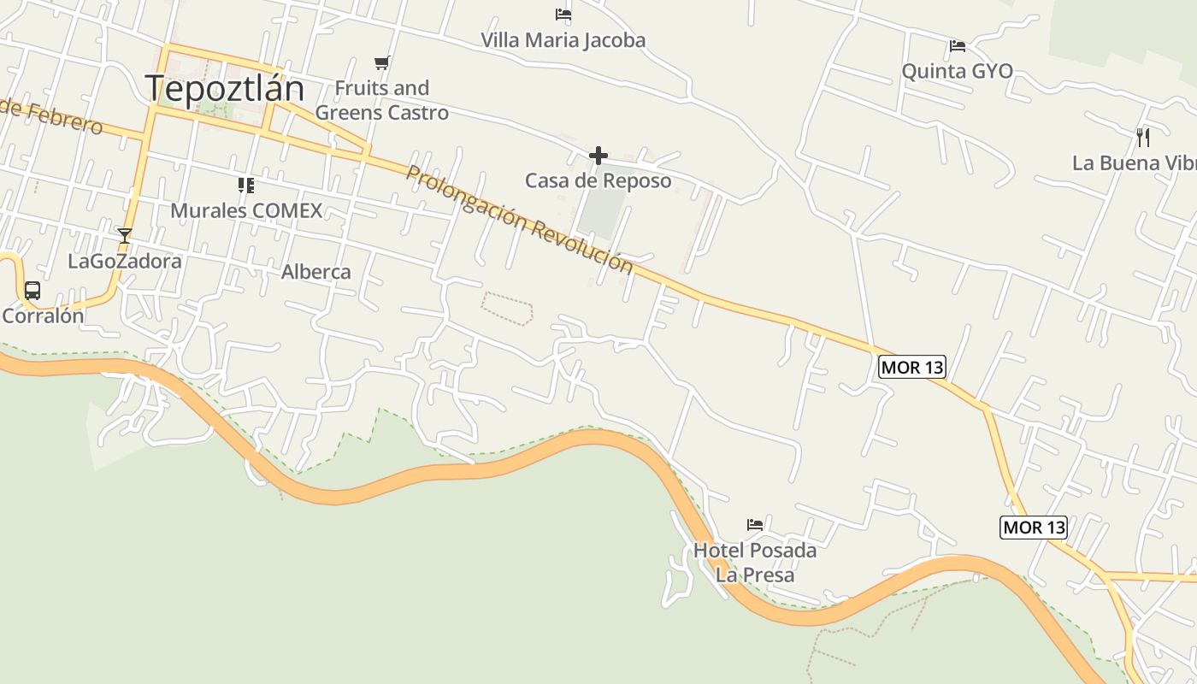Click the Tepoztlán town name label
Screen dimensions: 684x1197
click(224, 89)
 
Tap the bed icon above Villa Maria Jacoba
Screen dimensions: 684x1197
click(563, 15)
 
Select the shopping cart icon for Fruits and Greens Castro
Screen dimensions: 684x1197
click(382, 62)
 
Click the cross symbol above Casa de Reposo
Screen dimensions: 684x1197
click(598, 156)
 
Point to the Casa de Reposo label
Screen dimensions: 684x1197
click(598, 180)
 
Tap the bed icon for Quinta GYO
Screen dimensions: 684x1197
click(958, 46)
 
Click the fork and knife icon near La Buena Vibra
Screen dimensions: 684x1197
click(1143, 137)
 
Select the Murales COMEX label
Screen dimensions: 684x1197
click(246, 210)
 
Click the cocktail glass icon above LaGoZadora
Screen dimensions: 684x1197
click(125, 235)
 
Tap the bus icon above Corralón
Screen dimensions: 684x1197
click(32, 291)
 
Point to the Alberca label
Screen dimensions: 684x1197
click(316, 272)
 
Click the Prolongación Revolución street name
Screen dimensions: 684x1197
click(519, 219)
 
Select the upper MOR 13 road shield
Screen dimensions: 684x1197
click(911, 368)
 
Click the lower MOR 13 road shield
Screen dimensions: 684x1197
click(1034, 528)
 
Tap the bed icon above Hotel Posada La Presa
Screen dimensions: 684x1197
click(755, 524)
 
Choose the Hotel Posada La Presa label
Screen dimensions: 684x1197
click(755, 562)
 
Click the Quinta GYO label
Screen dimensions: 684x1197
click(958, 71)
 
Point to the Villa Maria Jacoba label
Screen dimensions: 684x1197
click(563, 40)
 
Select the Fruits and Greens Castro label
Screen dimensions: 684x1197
click(382, 100)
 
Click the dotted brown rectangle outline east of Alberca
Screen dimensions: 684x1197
click(507, 308)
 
